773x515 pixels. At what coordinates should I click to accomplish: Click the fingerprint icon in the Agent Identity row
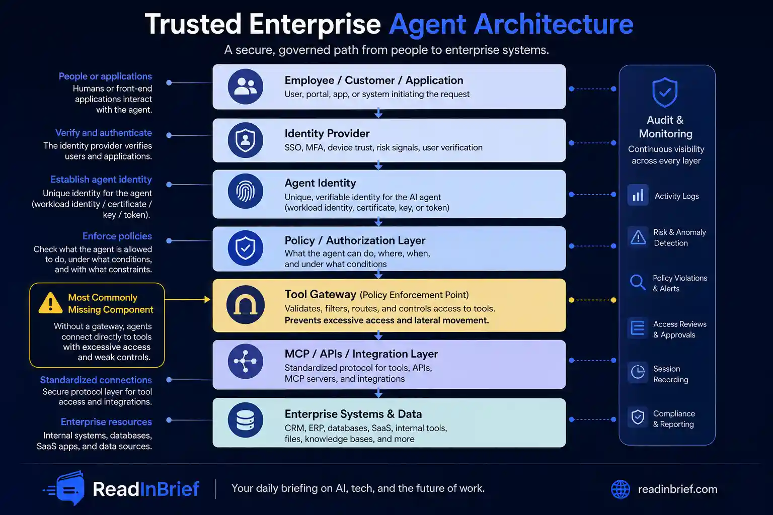[x=246, y=192]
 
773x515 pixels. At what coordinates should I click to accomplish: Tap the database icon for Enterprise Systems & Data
[x=246, y=420]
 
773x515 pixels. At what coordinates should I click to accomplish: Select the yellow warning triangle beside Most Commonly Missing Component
[x=50, y=303]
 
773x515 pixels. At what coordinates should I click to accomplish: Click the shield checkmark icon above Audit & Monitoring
[x=665, y=92]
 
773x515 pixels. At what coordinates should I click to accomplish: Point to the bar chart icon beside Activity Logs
[x=638, y=195]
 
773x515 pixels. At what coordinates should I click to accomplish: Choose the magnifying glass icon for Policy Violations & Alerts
[x=638, y=283]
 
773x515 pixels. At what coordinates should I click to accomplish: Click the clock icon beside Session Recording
[x=638, y=372]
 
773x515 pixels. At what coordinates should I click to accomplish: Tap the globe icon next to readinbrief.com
[x=621, y=489]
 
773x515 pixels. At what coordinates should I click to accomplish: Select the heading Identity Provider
[x=327, y=133]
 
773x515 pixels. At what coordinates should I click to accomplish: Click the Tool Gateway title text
[x=320, y=294]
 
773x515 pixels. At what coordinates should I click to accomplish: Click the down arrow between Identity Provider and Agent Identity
[x=378, y=165]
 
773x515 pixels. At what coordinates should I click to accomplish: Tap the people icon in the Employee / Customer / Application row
[x=246, y=87]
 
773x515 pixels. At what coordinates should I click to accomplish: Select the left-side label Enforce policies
[x=117, y=236]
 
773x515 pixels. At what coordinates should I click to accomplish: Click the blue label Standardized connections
[x=96, y=380]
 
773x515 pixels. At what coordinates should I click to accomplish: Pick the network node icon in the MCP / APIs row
[x=246, y=361]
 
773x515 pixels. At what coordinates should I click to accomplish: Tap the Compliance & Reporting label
[x=674, y=419]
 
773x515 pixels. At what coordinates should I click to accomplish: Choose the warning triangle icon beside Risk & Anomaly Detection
[x=638, y=237]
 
